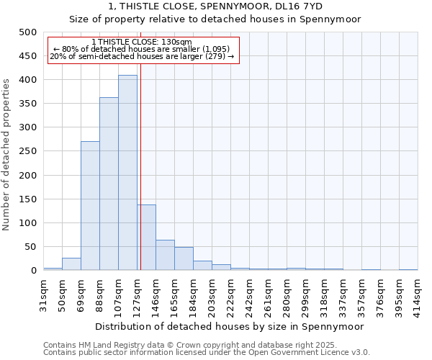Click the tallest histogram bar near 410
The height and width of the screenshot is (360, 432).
click(127, 173)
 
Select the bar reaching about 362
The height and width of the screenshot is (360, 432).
click(109, 184)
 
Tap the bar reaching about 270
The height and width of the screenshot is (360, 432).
click(90, 206)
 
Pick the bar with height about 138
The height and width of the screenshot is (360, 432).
click(146, 238)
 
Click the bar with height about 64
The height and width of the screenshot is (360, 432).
click(165, 255)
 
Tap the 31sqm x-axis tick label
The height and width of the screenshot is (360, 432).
click(43, 292)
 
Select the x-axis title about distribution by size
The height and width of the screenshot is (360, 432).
click(230, 326)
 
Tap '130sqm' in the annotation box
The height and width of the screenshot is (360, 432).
click(176, 42)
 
